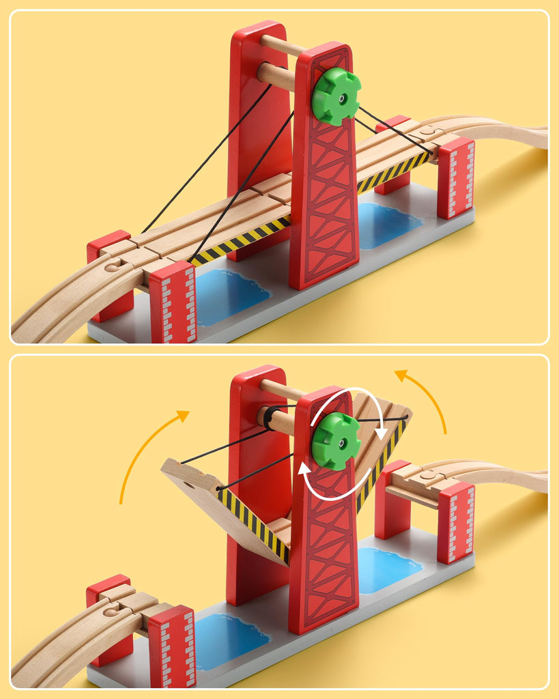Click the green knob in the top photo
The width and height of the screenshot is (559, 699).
pyautogui.click(x=336, y=96)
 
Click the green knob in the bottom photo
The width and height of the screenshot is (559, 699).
pyautogui.click(x=336, y=441)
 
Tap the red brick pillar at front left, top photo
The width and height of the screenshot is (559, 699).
pyautogui.click(x=173, y=302)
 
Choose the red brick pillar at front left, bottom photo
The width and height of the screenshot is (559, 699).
pyautogui.click(x=172, y=645)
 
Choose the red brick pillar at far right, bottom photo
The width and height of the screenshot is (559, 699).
pyautogui.click(x=455, y=522)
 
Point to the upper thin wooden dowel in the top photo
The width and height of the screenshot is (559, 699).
pyautogui.click(x=281, y=46)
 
